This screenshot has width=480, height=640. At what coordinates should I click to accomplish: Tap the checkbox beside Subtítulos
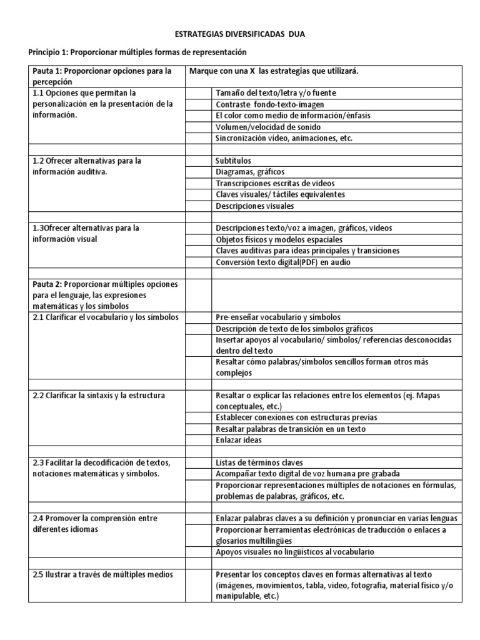(198, 161)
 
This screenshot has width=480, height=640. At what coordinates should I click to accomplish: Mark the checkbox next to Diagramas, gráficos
(198, 172)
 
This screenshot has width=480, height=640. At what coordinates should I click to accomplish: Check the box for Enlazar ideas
(198, 440)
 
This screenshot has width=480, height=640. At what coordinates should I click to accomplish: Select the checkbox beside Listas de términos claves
(198, 462)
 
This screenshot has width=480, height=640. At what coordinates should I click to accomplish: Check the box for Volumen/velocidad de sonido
(198, 127)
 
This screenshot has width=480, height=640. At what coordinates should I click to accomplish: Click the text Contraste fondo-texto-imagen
(270, 104)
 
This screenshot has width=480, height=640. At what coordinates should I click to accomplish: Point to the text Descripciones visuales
(255, 206)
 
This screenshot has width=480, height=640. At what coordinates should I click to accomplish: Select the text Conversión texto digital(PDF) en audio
(283, 262)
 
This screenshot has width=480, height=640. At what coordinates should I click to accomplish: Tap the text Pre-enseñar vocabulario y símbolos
(278, 317)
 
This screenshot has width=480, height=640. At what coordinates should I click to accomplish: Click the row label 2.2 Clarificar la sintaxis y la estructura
(99, 396)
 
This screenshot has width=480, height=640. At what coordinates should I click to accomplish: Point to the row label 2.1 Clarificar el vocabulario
(106, 317)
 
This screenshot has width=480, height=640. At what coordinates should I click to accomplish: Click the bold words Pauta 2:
(47, 284)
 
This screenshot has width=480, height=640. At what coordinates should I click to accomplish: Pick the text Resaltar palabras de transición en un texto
(291, 429)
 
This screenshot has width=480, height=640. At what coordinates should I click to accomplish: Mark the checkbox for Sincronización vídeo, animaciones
(198, 138)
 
